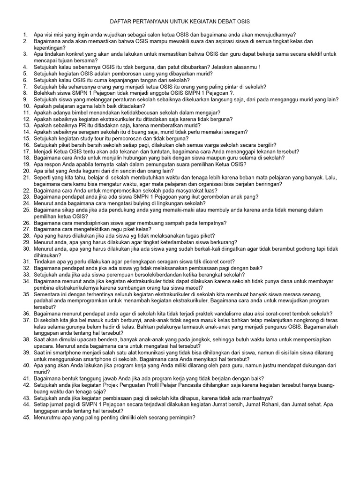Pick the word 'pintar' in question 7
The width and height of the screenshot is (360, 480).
[x=225, y=87]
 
